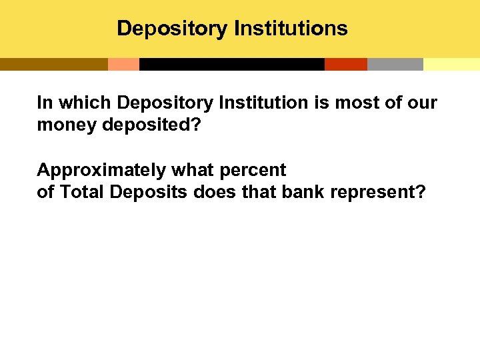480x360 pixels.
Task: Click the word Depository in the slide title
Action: (x=172, y=29)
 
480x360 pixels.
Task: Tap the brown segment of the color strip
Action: (x=53, y=64)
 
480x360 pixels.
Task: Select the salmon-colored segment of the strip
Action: (x=123, y=64)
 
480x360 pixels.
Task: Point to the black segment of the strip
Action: (x=231, y=64)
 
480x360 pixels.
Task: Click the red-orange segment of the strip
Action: (x=345, y=64)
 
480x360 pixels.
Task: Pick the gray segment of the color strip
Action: (x=395, y=64)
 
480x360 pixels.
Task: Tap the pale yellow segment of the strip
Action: (x=451, y=64)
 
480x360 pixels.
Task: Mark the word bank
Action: (x=304, y=192)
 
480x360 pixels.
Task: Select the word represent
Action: (x=377, y=192)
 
